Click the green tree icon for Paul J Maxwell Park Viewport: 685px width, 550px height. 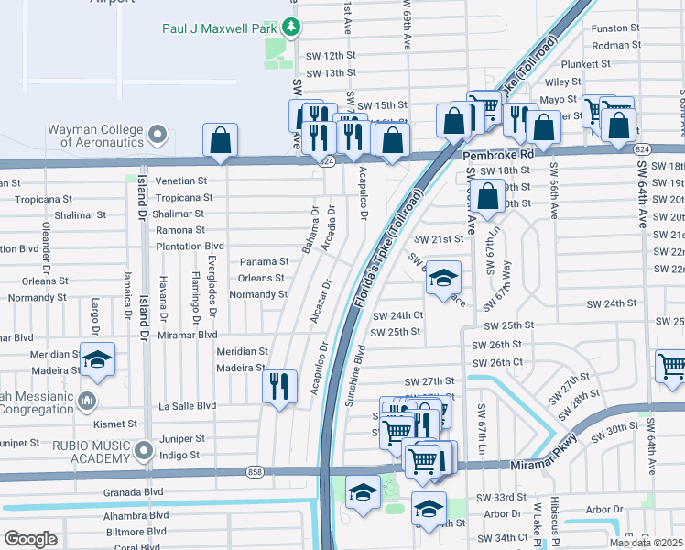tap(292, 27)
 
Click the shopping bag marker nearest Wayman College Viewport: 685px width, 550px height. tap(221, 140)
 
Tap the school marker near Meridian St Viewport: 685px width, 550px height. tap(97, 361)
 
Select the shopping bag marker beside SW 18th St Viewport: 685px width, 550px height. tap(489, 196)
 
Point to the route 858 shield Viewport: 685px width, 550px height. tap(254, 472)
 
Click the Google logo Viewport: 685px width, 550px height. tap(30, 538)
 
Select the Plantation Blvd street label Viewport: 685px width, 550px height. tap(190, 247)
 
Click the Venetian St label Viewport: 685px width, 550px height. tap(181, 181)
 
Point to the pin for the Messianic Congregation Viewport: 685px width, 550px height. tap(87, 401)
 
